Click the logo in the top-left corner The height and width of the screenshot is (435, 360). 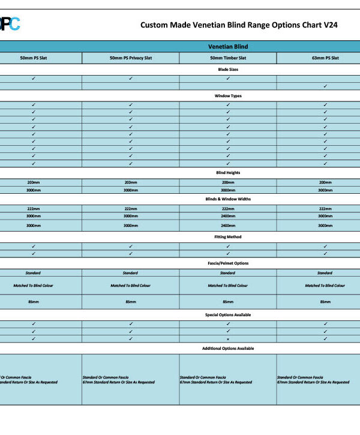(10, 24)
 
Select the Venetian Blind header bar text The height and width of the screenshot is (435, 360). (228, 46)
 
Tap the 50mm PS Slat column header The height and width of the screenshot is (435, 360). (33, 58)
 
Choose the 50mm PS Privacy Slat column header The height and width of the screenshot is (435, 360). (130, 58)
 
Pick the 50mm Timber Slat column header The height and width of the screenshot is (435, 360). (228, 58)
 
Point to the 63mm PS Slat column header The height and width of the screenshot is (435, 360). (325, 58)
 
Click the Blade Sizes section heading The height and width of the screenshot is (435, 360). (228, 70)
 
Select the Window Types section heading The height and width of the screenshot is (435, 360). (228, 96)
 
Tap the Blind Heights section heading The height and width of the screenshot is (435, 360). (228, 173)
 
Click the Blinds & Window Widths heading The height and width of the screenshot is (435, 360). (228, 199)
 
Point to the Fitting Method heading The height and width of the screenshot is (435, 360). (228, 237)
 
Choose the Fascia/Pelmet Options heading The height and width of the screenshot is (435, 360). (228, 263)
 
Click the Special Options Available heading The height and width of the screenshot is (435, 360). (228, 314)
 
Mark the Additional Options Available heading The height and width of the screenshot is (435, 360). (228, 348)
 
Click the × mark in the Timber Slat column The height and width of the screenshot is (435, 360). (228, 339)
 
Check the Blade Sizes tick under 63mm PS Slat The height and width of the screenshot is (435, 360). (325, 86)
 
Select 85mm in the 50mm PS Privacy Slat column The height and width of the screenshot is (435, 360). (130, 302)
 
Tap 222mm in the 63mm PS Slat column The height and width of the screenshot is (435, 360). (325, 208)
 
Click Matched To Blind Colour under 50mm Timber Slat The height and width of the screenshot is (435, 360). (228, 286)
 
